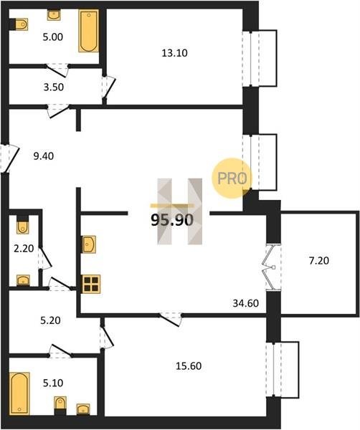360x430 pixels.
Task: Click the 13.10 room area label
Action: click(174, 53)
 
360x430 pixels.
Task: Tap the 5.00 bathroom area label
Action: click(53, 37)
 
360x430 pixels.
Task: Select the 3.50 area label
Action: click(54, 87)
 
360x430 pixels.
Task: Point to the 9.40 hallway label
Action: click(43, 156)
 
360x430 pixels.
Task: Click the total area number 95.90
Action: click(172, 220)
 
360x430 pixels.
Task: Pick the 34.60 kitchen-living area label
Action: click(246, 303)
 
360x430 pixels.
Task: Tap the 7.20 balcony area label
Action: click(319, 260)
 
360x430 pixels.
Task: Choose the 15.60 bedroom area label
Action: click(189, 365)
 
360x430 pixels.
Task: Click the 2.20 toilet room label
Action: click(24, 249)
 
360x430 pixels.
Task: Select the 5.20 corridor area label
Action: click(50, 320)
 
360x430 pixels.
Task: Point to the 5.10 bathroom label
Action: click(53, 383)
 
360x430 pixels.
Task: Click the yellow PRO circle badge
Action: click(232, 178)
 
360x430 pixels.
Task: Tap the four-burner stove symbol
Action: click(91, 284)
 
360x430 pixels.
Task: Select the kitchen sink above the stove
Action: click(89, 244)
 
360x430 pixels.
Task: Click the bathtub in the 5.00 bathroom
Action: click(89, 31)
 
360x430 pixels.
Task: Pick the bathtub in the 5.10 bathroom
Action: click(19, 393)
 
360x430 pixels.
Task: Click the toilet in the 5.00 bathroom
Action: click(20, 24)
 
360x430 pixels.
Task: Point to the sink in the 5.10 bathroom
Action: click(83, 409)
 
